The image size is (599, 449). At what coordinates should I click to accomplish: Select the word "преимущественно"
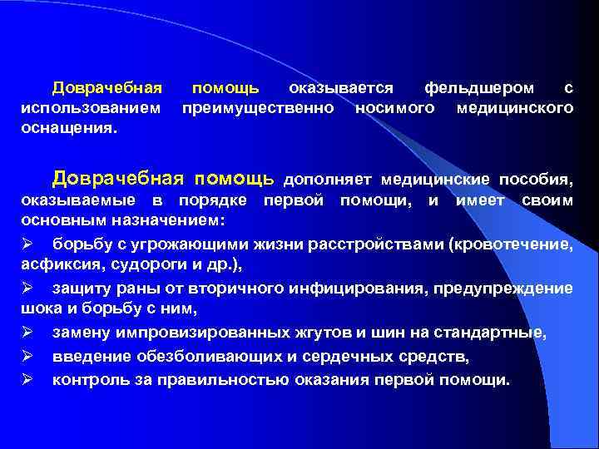coord(258,109)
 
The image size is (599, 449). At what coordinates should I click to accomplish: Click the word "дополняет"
coord(329,179)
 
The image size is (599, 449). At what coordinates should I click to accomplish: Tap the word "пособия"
coord(536,179)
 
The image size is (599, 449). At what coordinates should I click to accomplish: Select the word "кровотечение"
coord(512,244)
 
